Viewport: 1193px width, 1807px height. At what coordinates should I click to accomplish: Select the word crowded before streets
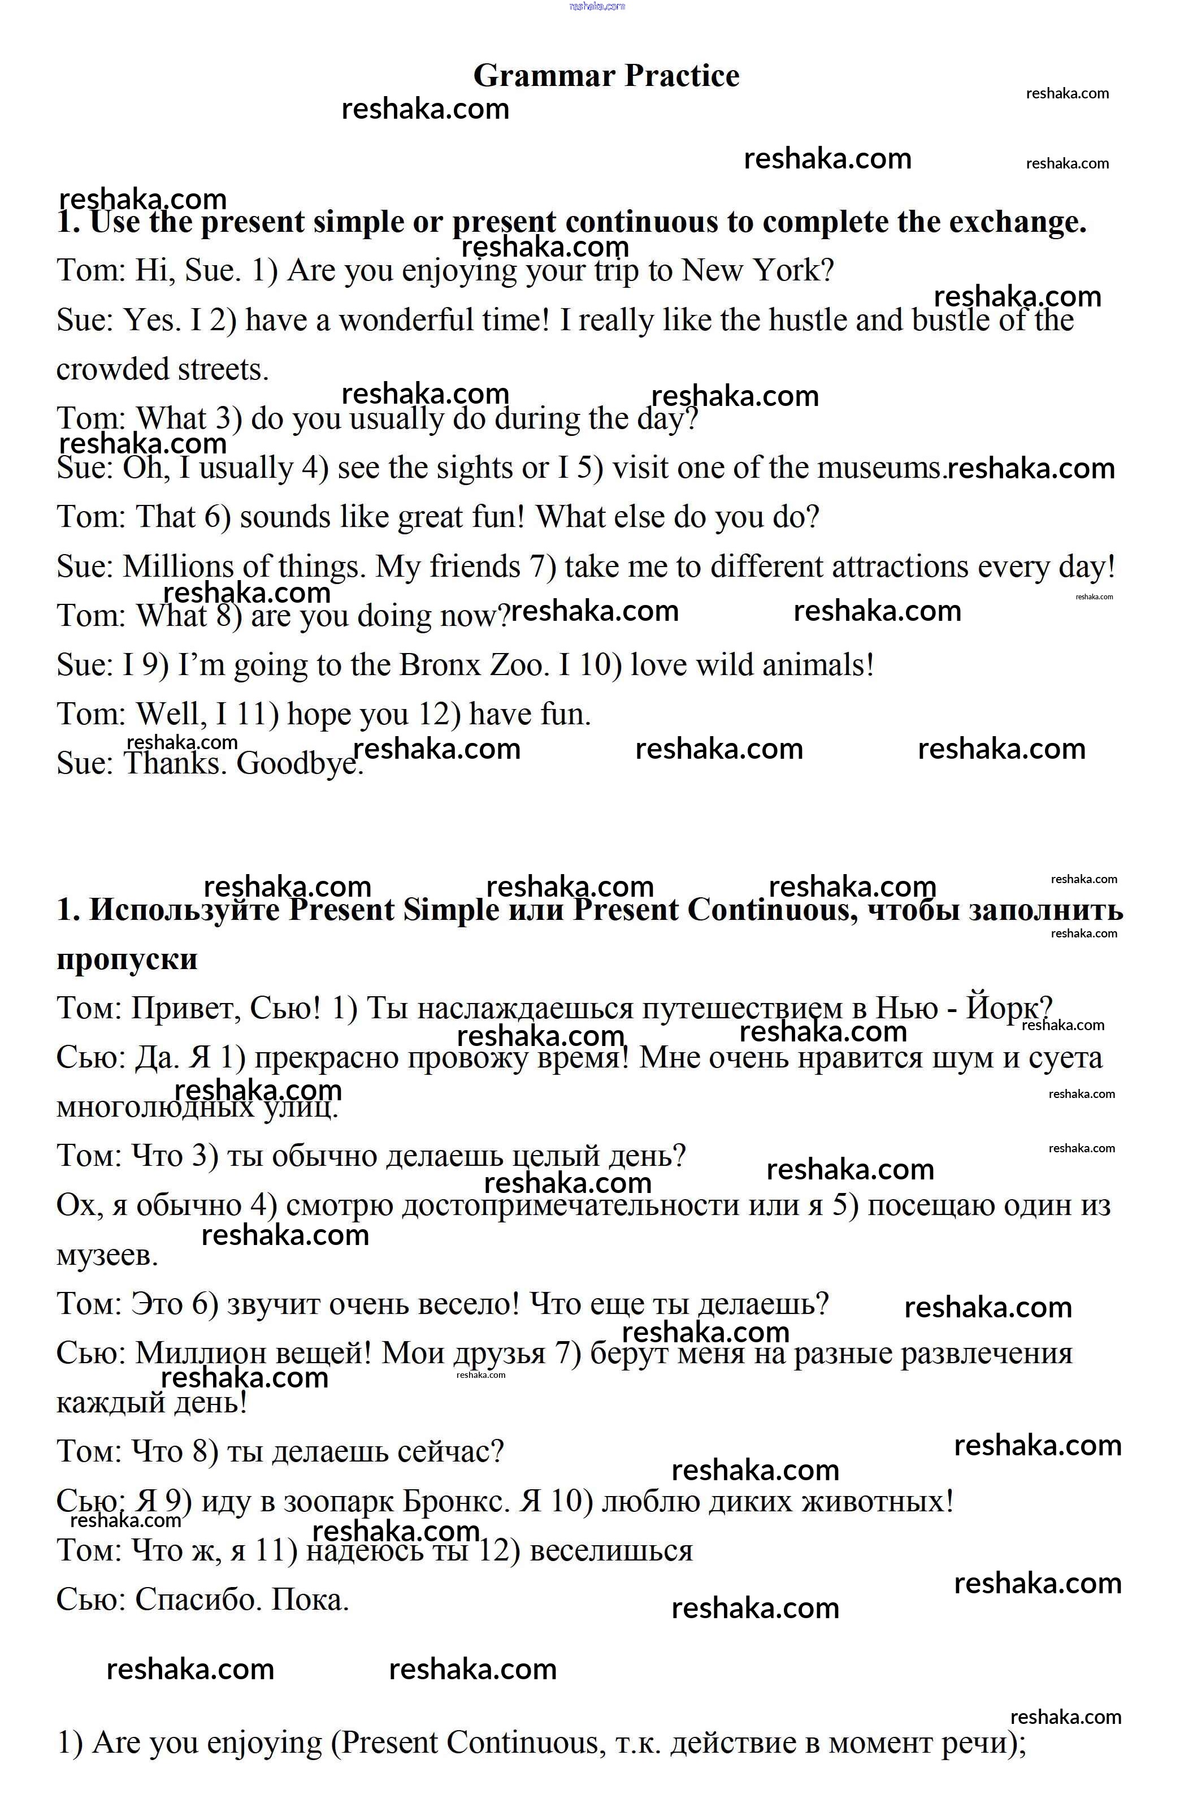tap(112, 370)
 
